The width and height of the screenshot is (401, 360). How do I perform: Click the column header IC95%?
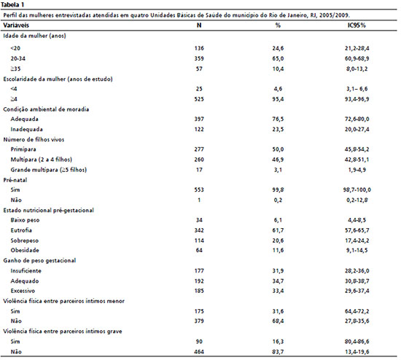click(x=357, y=25)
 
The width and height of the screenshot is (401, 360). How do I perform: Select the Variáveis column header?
click(x=16, y=25)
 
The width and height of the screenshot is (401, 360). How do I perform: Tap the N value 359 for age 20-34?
click(x=199, y=58)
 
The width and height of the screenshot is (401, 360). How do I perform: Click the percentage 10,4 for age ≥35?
click(x=278, y=69)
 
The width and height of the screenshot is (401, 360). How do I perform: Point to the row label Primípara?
click(x=23, y=149)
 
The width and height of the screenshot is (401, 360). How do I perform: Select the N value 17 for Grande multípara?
click(x=199, y=170)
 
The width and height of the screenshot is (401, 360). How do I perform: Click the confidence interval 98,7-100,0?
click(x=357, y=189)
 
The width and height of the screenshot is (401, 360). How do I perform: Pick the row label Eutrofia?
click(x=21, y=230)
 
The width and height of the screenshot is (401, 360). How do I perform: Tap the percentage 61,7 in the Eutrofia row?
click(x=278, y=230)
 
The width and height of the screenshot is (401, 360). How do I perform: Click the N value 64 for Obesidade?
click(x=199, y=250)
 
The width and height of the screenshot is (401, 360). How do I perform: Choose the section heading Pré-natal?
click(x=15, y=180)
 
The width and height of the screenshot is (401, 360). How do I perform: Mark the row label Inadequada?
click(x=26, y=130)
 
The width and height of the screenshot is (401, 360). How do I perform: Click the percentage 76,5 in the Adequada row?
click(x=278, y=119)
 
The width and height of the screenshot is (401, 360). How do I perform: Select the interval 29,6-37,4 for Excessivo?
click(x=357, y=291)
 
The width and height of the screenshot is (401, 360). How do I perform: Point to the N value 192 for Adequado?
click(x=199, y=281)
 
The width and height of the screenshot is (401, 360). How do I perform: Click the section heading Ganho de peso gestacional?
click(x=39, y=261)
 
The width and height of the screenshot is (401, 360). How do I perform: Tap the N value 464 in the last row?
click(x=199, y=352)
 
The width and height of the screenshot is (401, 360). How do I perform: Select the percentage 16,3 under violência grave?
click(x=278, y=342)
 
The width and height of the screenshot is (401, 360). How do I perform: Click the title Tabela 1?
click(x=12, y=4)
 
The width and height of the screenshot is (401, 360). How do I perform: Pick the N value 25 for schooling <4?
click(x=199, y=89)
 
